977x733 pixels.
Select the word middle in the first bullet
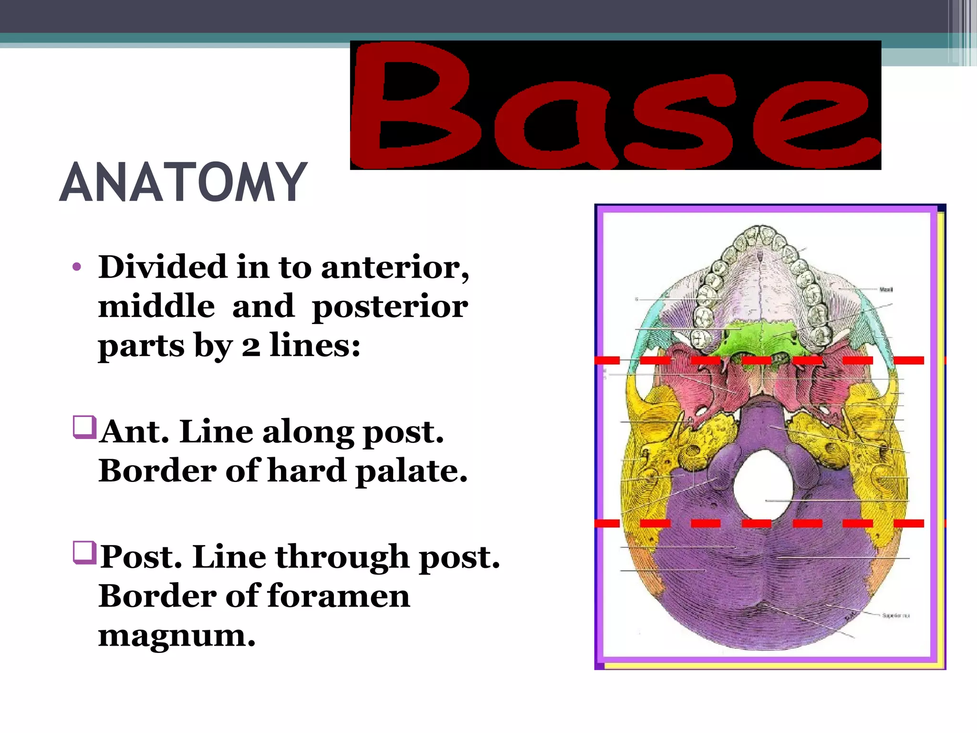click(x=156, y=306)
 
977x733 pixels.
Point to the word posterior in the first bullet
click(x=390, y=307)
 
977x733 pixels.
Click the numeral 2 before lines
click(x=251, y=346)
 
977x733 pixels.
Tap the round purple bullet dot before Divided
click(x=77, y=267)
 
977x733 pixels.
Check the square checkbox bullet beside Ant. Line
click(x=84, y=427)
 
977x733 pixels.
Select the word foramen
click(x=339, y=597)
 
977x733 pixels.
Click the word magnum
click(x=177, y=636)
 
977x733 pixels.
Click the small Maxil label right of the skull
click(x=886, y=289)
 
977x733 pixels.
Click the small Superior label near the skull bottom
click(x=895, y=616)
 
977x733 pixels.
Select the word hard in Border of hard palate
click(x=307, y=471)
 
